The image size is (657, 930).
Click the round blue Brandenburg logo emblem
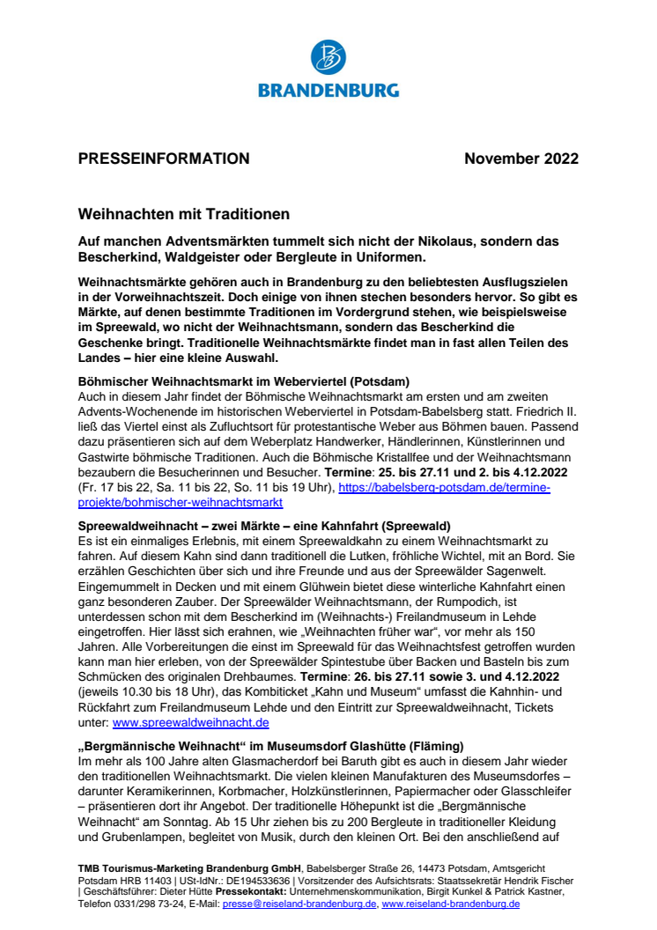point(328,58)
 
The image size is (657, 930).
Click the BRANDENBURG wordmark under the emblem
point(328,90)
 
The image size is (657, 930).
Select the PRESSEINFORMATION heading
point(164,159)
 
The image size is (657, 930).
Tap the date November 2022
point(521,159)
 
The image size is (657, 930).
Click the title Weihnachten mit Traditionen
point(184,214)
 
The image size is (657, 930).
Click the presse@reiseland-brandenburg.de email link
point(300,904)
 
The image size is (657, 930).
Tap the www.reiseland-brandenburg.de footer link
point(451,904)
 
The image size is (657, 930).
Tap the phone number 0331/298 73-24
point(137,904)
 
